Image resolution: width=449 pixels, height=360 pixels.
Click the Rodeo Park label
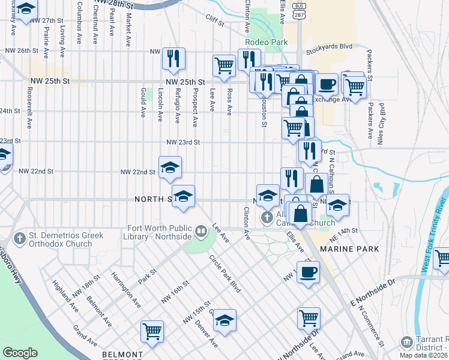267,42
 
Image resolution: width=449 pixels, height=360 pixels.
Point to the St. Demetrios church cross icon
20,238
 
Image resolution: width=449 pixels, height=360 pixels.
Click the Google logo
20,353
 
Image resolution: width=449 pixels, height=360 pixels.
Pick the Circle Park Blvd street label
224,274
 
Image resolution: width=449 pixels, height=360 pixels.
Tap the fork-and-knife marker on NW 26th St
173,59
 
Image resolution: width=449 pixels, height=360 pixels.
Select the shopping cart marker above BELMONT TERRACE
152,331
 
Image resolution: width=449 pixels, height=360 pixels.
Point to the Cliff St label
214,25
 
